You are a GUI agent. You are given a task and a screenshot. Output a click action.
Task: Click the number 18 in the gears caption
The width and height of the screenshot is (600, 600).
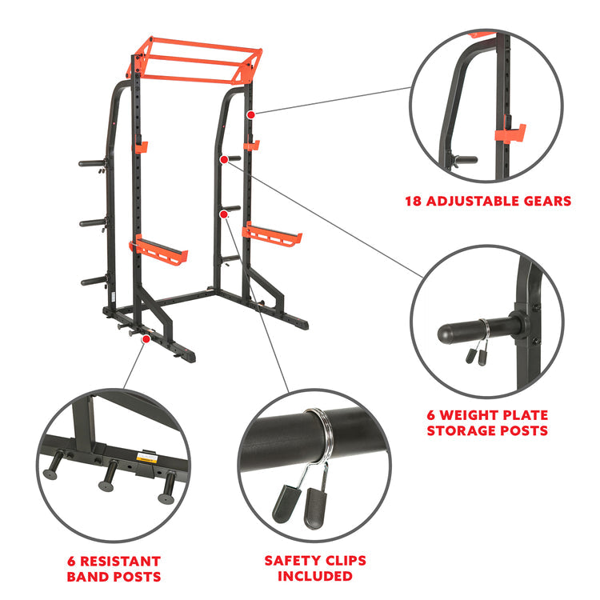(414, 202)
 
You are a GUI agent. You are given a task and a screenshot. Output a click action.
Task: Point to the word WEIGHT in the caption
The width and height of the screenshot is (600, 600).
(469, 415)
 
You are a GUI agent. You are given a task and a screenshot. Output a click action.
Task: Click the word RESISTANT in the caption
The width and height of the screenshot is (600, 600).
(120, 562)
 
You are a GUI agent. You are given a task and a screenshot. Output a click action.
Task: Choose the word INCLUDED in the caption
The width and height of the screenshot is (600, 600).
(315, 576)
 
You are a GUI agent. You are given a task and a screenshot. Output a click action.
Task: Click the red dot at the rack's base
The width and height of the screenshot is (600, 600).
(146, 339)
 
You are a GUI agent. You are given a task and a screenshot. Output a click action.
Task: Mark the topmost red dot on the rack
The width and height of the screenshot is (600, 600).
(250, 114)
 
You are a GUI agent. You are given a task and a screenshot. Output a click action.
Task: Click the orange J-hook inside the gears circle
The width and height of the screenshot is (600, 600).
(510, 133)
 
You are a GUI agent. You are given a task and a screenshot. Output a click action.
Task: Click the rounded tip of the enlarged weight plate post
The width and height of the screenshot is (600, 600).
(444, 334)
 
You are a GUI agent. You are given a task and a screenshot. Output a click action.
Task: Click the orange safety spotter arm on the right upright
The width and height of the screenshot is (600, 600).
(272, 234)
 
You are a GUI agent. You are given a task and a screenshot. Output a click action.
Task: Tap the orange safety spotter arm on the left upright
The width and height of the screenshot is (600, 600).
(158, 250)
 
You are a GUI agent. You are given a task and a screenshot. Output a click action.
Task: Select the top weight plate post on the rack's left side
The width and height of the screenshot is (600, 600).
(92, 163)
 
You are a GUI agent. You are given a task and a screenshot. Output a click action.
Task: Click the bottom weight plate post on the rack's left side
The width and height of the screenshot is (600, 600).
(94, 282)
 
